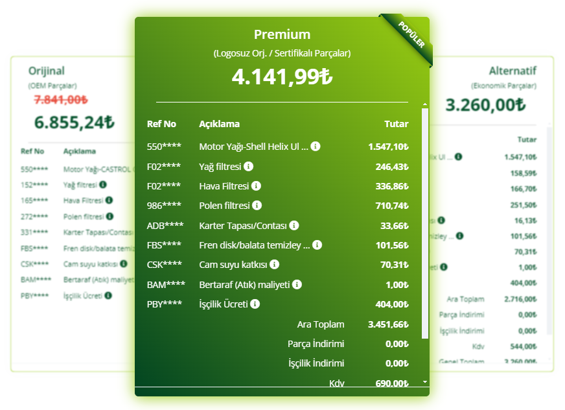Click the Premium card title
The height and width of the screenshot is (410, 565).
coord(282,35)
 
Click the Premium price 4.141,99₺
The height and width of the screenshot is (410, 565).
coord(282,77)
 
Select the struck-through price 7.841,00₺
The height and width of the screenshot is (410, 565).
coord(61,99)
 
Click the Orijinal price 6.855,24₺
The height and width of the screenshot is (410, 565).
coord(75,121)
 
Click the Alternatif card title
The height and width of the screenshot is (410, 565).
coord(513,71)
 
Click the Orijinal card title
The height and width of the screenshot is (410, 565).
coord(47,71)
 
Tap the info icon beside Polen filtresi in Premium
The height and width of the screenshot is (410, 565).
coord(257,206)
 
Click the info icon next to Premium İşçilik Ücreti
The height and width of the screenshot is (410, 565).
coord(255,304)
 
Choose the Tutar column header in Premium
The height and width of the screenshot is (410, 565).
coord(397,124)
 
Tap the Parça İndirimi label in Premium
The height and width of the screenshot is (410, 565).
coord(316,344)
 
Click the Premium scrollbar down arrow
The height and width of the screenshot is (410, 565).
coord(425,382)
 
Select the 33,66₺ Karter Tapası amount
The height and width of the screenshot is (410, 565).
coord(395,226)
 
